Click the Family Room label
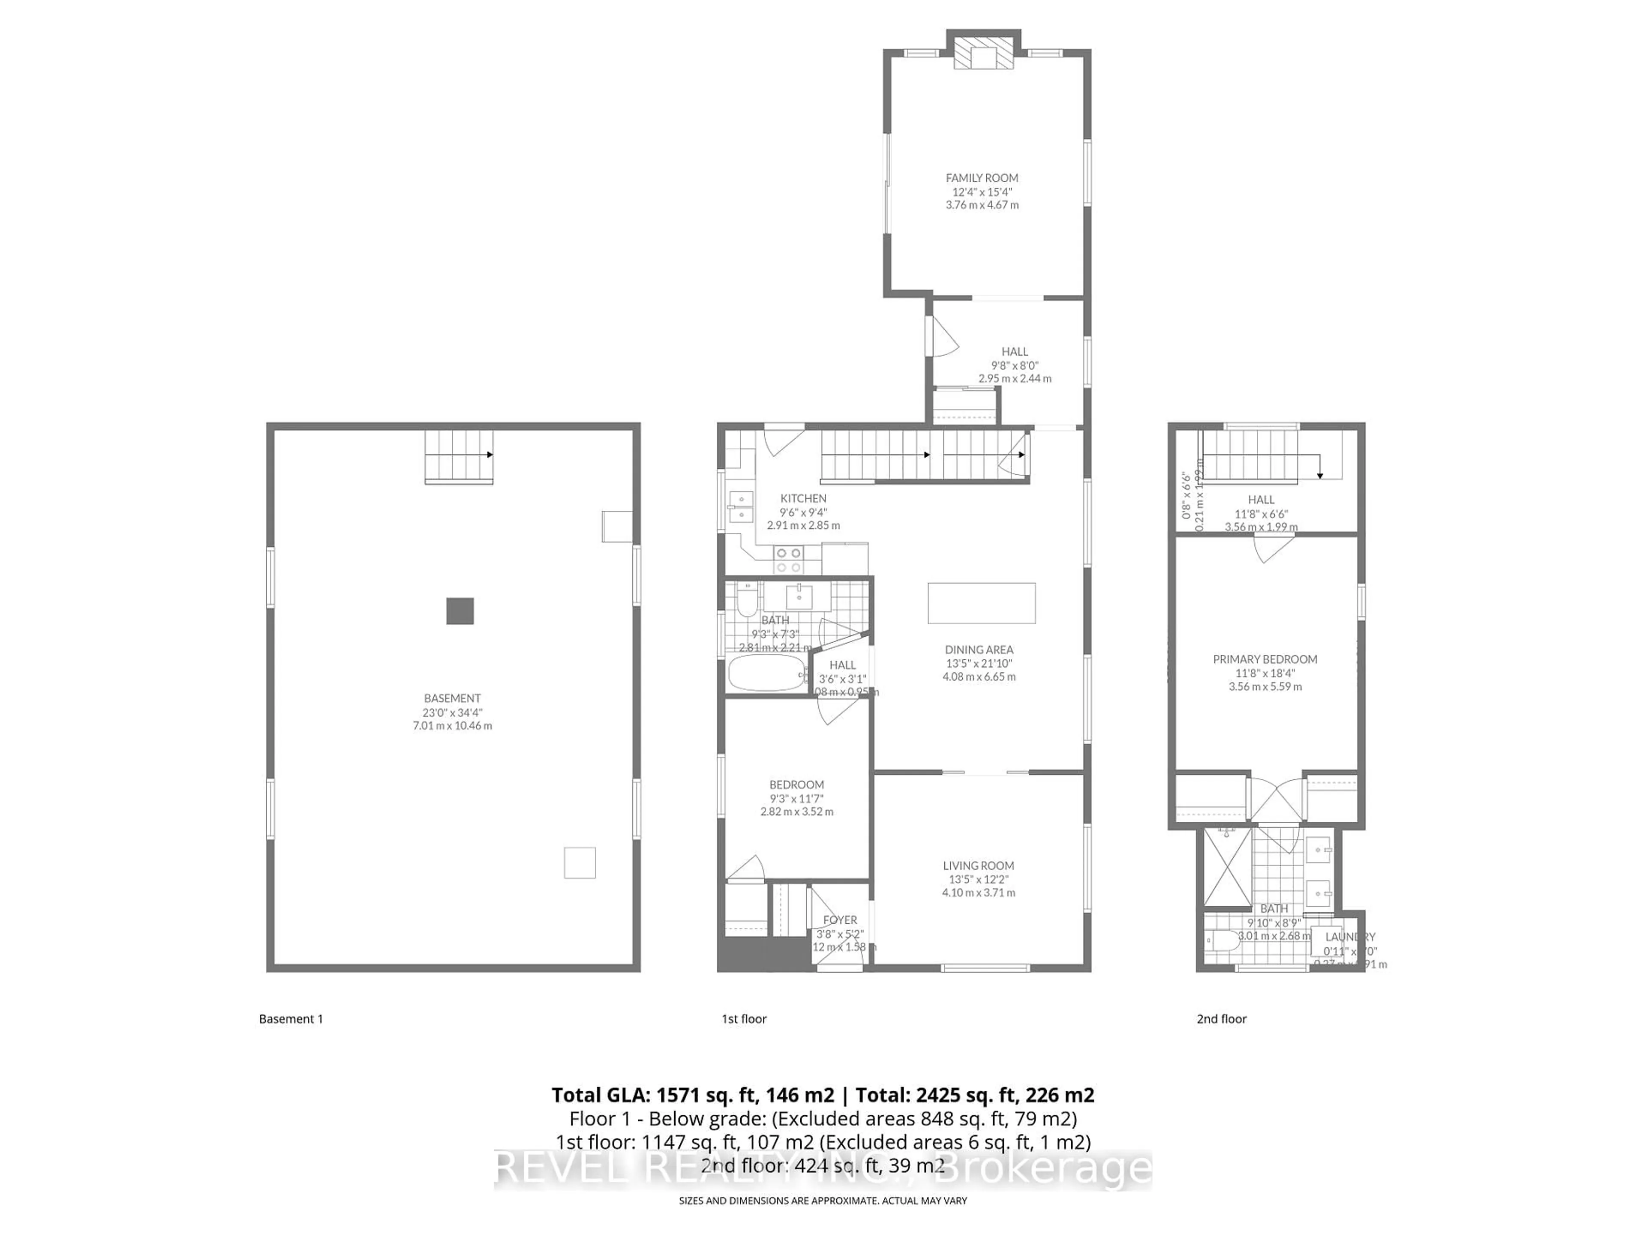[982, 178]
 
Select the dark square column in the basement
[460, 611]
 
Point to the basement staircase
[458, 456]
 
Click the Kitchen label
[803, 498]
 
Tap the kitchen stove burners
[788, 559]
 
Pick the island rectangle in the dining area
[981, 602]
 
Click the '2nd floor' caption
[1221, 1019]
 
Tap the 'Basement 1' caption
[291, 1019]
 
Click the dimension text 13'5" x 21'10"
[979, 663]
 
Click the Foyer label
[840, 920]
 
